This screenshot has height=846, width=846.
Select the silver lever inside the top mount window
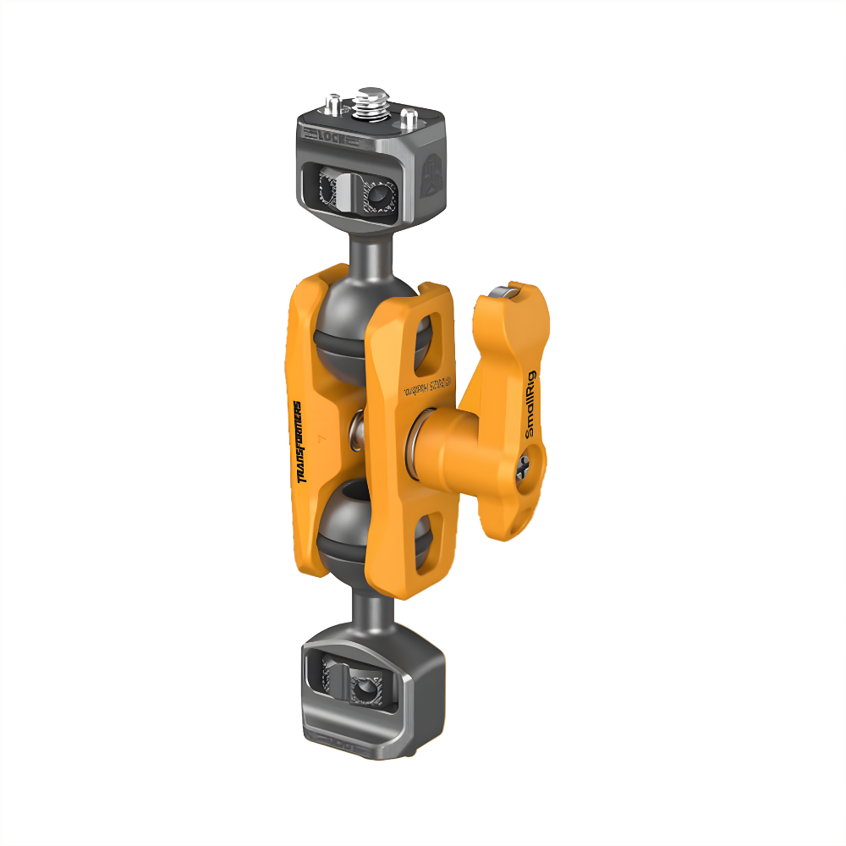[346, 190]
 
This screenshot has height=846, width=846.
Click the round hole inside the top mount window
[375, 197]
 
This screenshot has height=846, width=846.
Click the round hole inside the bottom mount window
[365, 690]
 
